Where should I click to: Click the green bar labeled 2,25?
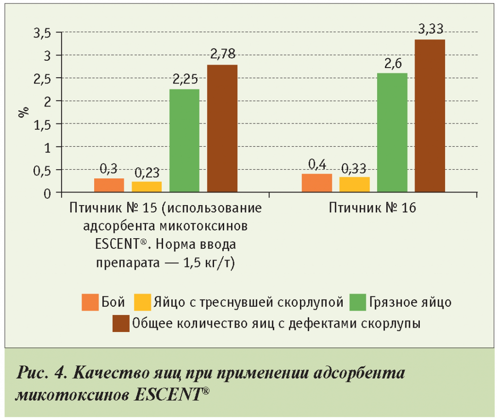(184, 141)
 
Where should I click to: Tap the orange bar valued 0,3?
(109, 186)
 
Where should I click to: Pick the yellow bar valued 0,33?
(355, 185)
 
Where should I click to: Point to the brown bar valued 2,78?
(222, 129)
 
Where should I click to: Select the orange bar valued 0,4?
(317, 183)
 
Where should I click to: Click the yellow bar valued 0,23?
(147, 187)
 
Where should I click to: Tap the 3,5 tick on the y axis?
(42, 33)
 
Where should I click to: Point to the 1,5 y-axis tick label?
(42, 124)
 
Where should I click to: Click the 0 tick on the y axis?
(47, 194)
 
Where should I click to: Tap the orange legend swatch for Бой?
(90, 302)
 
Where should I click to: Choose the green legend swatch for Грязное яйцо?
(358, 302)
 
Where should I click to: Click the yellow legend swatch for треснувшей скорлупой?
(142, 302)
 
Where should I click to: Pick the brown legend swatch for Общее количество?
(121, 323)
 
